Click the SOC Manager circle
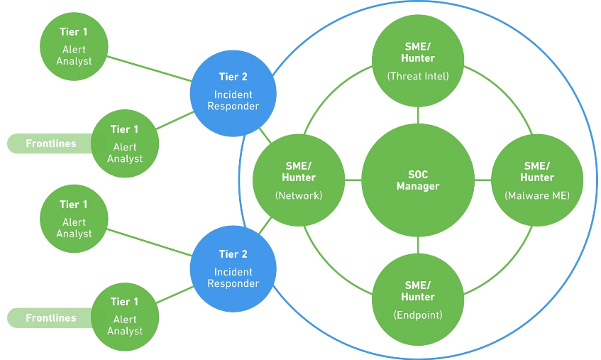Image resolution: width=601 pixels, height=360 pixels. [x=418, y=180]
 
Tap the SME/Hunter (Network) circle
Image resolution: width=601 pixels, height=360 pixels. [x=298, y=180]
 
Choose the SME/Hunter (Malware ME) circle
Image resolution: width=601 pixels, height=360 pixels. [x=537, y=180]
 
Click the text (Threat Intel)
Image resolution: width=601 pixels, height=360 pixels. [x=418, y=76]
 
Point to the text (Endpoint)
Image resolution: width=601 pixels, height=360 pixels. [x=418, y=315]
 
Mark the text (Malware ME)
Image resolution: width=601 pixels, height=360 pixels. [x=537, y=195]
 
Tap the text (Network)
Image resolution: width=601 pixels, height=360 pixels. [x=298, y=195]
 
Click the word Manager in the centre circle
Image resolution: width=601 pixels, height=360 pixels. [x=418, y=187]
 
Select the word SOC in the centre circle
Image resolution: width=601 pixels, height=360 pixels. [x=418, y=174]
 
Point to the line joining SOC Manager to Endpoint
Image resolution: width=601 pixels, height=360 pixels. [x=418, y=246]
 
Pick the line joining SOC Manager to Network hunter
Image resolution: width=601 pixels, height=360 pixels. [x=352, y=180]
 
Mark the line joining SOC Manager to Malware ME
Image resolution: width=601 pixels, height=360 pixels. [x=483, y=180]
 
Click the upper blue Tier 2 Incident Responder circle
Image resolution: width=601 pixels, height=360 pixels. [x=233, y=92]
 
